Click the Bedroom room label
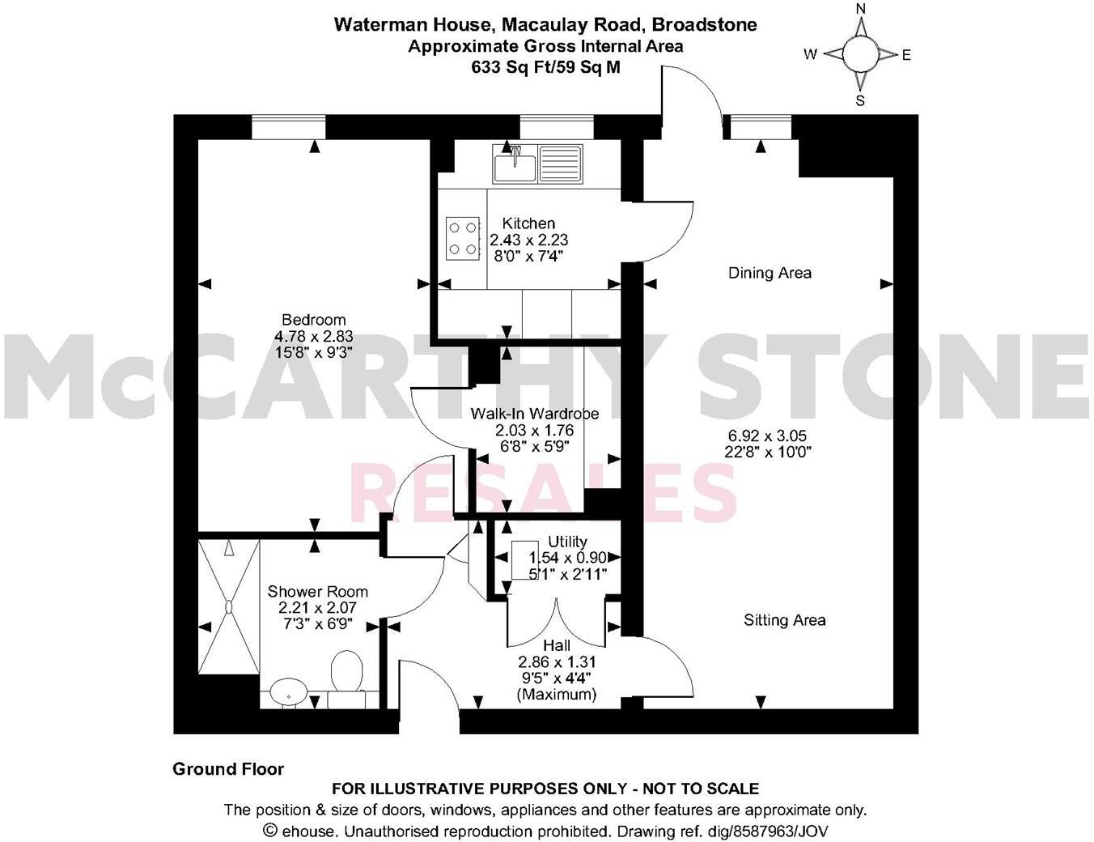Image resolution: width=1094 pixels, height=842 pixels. tap(313, 320)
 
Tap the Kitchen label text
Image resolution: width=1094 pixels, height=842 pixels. tap(528, 223)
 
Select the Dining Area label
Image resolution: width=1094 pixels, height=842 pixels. tap(770, 273)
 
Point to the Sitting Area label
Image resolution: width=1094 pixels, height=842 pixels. tap(784, 620)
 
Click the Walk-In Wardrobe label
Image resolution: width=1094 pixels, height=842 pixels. tap(535, 414)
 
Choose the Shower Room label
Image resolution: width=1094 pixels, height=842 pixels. tap(317, 592)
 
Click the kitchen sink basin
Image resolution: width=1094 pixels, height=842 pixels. tap(515, 166)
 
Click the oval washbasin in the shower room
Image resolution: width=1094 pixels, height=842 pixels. tap(287, 693)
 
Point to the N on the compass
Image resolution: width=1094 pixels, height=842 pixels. tap(861, 10)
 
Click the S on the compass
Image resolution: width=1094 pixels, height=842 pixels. tap(860, 101)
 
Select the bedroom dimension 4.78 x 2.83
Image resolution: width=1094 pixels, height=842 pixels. tap(313, 336)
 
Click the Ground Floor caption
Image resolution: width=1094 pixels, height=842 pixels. tap(228, 769)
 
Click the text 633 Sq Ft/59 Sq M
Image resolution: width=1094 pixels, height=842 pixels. tap(546, 68)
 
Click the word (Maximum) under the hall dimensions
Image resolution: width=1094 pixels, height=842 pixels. tap(557, 694)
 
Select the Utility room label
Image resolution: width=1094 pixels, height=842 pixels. tap(567, 542)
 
